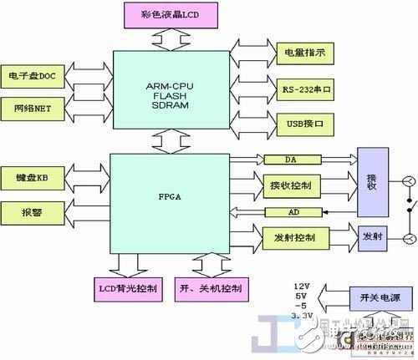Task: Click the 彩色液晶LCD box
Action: point(172,14)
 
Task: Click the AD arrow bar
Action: point(294,212)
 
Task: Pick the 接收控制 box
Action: point(293,185)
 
